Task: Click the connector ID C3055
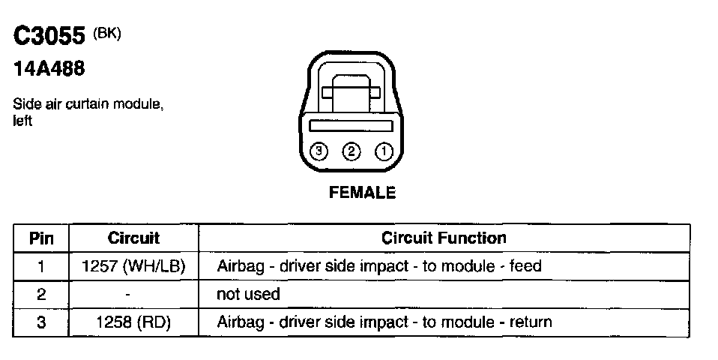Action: [x=49, y=37]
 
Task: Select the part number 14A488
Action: [x=49, y=70]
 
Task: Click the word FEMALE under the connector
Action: [x=362, y=193]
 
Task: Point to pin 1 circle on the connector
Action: [x=383, y=151]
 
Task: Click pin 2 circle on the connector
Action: [x=351, y=151]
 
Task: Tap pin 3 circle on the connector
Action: [x=319, y=151]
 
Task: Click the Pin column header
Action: [x=40, y=238]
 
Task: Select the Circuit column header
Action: [x=133, y=238]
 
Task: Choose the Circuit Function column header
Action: [x=444, y=238]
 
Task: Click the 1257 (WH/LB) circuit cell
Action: [x=133, y=266]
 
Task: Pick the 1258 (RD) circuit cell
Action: [x=133, y=322]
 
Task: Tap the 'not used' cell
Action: [x=248, y=295]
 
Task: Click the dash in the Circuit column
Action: [x=129, y=295]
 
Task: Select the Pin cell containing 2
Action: [x=40, y=295]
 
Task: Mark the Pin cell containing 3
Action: [x=40, y=322]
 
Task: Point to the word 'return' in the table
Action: [x=531, y=322]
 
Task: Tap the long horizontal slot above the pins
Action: [x=351, y=125]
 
